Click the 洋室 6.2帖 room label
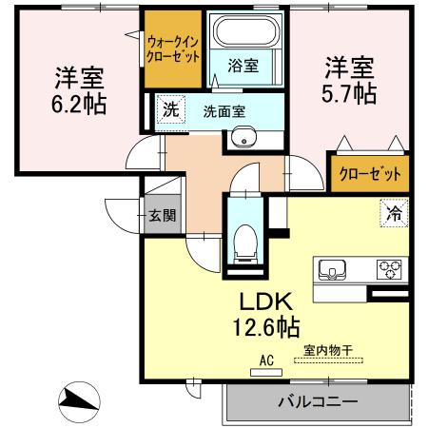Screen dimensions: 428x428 click(79, 88)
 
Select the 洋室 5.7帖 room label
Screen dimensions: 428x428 click(351, 80)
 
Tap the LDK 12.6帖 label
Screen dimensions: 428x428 click(269, 313)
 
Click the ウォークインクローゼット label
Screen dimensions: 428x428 click(173, 49)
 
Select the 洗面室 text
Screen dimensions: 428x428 click(224, 110)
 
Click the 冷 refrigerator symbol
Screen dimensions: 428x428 click(391, 215)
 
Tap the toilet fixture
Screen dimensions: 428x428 click(244, 239)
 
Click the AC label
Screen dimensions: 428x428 click(265, 360)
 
